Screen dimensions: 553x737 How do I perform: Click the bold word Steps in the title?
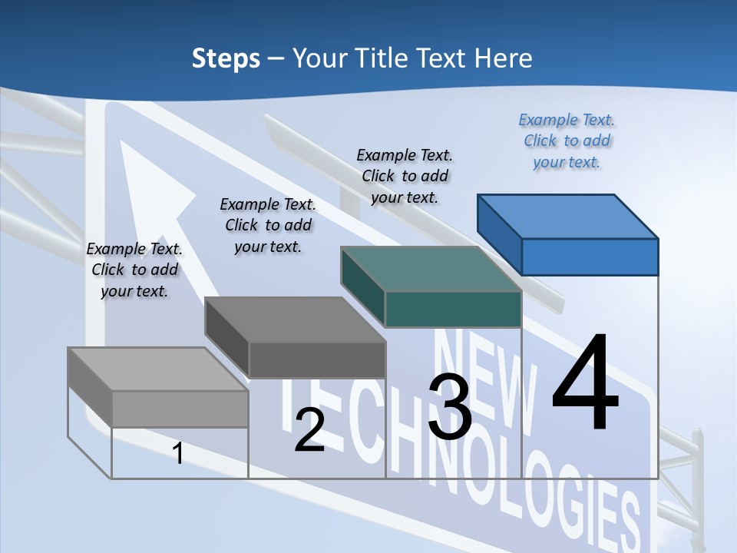[226, 58]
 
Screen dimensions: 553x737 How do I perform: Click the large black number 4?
[585, 383]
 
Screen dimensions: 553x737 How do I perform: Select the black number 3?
[450, 407]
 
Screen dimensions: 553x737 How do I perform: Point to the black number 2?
[309, 430]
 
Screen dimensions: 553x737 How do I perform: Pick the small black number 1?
[178, 453]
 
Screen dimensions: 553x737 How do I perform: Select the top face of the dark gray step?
[296, 320]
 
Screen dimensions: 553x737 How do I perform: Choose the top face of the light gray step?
[158, 369]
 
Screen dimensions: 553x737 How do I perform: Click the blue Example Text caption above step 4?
[567, 141]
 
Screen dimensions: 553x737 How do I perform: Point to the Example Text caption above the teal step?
[405, 176]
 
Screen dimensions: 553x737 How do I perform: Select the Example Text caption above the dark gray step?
[268, 225]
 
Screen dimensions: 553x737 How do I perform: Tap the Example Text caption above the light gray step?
[134, 270]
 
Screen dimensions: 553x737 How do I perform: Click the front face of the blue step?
[590, 257]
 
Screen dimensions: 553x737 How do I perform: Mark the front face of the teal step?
[453, 309]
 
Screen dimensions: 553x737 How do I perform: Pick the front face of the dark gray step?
[317, 359]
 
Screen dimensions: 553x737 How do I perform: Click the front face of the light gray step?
[180, 409]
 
